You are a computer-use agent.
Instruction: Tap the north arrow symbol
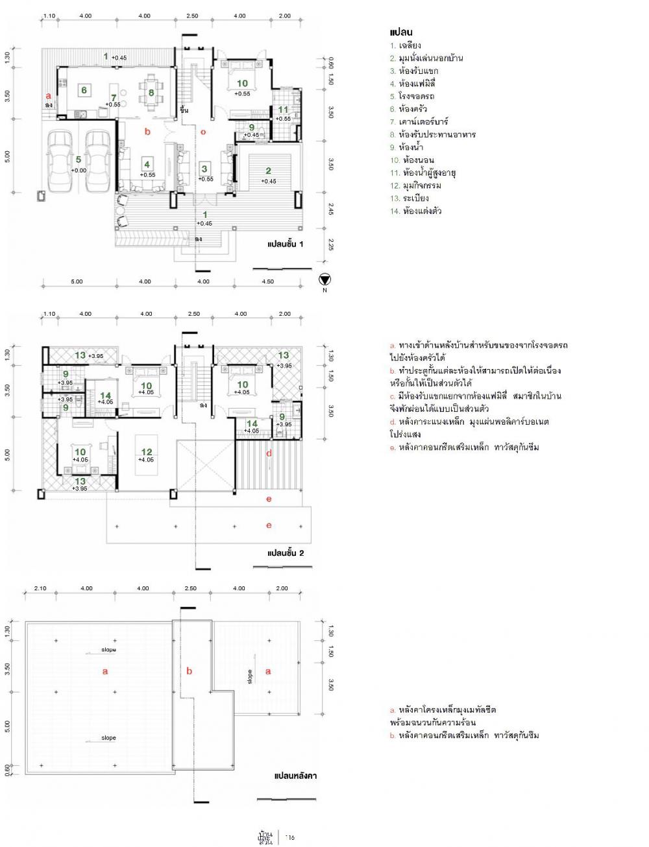click(x=325, y=279)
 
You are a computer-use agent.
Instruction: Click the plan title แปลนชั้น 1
click(x=286, y=245)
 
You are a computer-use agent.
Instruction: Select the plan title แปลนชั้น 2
click(x=286, y=553)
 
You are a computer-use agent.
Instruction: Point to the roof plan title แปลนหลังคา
click(x=295, y=775)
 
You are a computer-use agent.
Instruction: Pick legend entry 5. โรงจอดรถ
click(x=412, y=96)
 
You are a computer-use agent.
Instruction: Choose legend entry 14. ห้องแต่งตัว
click(x=416, y=211)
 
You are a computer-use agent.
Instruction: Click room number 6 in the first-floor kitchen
click(x=84, y=90)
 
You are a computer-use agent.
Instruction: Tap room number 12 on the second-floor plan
click(x=146, y=452)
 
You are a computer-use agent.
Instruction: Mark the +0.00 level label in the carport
click(x=78, y=170)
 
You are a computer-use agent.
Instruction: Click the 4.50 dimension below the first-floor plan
click(x=267, y=281)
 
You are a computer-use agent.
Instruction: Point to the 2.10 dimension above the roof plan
click(x=40, y=588)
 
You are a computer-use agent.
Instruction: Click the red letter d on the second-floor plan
click(x=269, y=453)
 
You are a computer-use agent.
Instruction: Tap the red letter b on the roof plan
click(x=190, y=671)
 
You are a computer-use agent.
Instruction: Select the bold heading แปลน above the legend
click(x=402, y=32)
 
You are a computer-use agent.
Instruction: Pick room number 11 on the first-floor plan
click(x=283, y=110)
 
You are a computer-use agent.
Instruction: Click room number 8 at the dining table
click(x=151, y=93)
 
